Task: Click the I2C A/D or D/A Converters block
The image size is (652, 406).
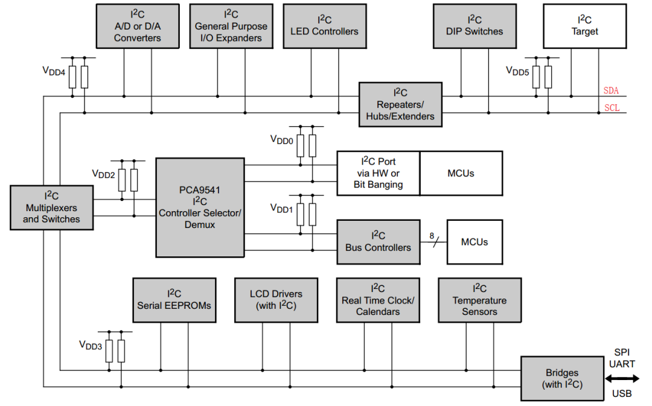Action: click(x=138, y=26)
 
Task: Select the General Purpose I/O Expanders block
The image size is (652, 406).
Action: click(x=231, y=26)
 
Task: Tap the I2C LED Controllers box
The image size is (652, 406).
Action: click(x=325, y=26)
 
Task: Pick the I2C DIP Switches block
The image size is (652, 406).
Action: click(x=475, y=26)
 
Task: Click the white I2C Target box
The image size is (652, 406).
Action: click(x=584, y=26)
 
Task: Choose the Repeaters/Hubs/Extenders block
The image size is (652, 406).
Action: click(x=400, y=104)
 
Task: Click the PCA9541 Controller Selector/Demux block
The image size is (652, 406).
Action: click(x=200, y=208)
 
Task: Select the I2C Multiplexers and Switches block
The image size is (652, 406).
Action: click(x=51, y=208)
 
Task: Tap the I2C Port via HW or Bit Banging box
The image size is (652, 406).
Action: click(x=379, y=173)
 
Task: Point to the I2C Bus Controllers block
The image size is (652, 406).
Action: click(x=379, y=242)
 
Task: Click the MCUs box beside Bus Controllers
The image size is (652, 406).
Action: click(x=475, y=242)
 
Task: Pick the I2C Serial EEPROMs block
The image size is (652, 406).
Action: click(x=174, y=300)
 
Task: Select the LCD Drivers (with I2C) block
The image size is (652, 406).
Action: click(x=276, y=300)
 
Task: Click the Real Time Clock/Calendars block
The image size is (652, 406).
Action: click(x=378, y=300)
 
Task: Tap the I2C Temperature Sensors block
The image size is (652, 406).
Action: click(x=479, y=300)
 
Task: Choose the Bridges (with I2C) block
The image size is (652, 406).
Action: click(x=562, y=378)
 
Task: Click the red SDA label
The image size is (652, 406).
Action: click(x=611, y=90)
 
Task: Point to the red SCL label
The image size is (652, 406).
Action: click(x=612, y=107)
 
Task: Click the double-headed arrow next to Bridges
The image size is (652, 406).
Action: click(x=622, y=379)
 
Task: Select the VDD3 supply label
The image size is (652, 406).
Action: click(x=90, y=345)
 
